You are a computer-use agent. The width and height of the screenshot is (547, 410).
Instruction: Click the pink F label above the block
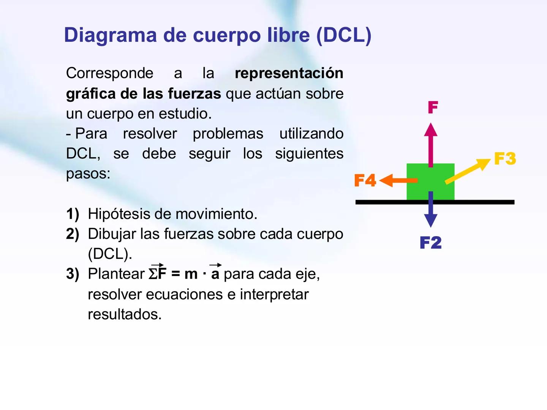pyautogui.click(x=433, y=107)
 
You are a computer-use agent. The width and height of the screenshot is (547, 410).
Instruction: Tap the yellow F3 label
pyautogui.click(x=505, y=158)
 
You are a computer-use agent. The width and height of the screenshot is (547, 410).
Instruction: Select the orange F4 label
pyautogui.click(x=365, y=180)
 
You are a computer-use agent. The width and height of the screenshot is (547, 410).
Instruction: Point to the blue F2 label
pyautogui.click(x=431, y=243)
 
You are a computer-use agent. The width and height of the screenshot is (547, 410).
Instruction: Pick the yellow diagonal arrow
pyautogui.click(x=468, y=171)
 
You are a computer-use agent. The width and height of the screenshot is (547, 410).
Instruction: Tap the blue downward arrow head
pyautogui.click(x=430, y=220)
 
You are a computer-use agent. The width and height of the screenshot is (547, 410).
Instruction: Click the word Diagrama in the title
pyautogui.click(x=110, y=35)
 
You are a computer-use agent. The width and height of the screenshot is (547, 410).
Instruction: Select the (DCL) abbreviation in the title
pyautogui.click(x=343, y=35)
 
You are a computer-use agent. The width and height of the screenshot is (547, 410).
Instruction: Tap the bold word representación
pyautogui.click(x=289, y=73)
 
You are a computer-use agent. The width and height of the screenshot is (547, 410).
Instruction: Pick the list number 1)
pyautogui.click(x=73, y=214)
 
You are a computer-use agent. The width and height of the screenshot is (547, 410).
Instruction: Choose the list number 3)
pyautogui.click(x=73, y=274)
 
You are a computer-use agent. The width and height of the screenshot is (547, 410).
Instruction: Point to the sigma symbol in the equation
pyautogui.click(x=153, y=274)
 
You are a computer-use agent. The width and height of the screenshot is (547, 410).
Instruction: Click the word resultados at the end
pyautogui.click(x=125, y=314)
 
